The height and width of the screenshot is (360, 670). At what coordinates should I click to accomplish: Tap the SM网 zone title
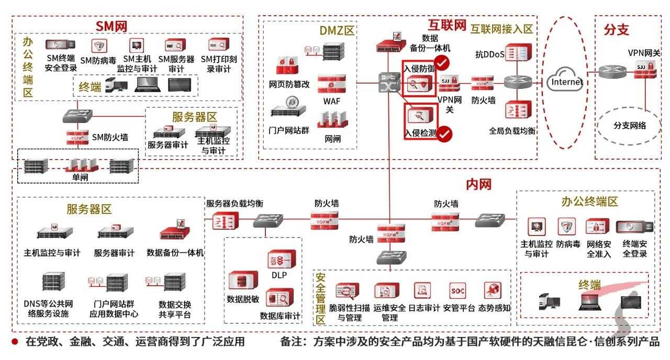111,26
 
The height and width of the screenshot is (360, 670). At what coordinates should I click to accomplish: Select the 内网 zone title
478,184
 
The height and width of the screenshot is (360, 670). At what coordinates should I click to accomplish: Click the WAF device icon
331,83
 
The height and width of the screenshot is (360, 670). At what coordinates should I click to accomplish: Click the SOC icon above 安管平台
457,291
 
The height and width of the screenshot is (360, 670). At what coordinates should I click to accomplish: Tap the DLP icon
278,260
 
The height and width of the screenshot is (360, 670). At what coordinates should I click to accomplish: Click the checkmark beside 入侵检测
445,134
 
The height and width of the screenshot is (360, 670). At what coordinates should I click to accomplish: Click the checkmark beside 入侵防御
442,63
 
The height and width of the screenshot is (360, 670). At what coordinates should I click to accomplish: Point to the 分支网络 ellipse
630,126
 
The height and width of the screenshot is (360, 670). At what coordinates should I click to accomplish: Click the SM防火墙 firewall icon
77,137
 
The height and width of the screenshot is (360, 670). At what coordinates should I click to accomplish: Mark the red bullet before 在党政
15,342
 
